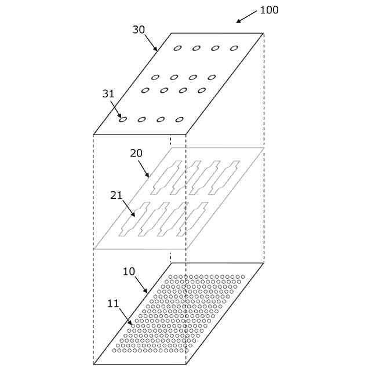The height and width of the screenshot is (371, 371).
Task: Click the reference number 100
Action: pyautogui.click(x=269, y=10)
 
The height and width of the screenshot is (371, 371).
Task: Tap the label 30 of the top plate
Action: pyautogui.click(x=139, y=30)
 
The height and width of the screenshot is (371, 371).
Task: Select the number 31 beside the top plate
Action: pyautogui.click(x=108, y=94)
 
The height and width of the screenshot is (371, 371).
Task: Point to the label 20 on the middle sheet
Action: pyautogui.click(x=136, y=153)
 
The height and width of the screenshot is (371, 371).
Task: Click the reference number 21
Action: pyautogui.click(x=117, y=195)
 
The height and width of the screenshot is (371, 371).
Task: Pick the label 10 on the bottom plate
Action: pyautogui.click(x=129, y=271)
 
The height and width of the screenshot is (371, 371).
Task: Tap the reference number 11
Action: pyautogui.click(x=114, y=303)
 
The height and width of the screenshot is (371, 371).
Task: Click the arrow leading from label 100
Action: pyautogui.click(x=246, y=17)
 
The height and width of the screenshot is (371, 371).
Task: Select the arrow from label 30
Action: pyautogui.click(x=151, y=42)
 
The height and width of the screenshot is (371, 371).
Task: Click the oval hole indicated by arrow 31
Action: pyautogui.click(x=123, y=120)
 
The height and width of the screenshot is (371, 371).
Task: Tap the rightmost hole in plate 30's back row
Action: pyautogui.click(x=234, y=48)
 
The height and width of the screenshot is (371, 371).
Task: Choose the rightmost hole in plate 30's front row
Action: pyautogui.click(x=180, y=119)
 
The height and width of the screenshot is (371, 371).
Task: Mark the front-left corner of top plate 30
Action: pyautogui.click(x=93, y=134)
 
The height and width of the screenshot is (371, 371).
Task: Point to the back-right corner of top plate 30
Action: pyautogui.click(x=264, y=33)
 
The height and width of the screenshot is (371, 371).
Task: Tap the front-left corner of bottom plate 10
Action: pyautogui.click(x=93, y=364)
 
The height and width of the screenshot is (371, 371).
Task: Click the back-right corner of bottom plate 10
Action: pyautogui.click(x=264, y=263)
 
